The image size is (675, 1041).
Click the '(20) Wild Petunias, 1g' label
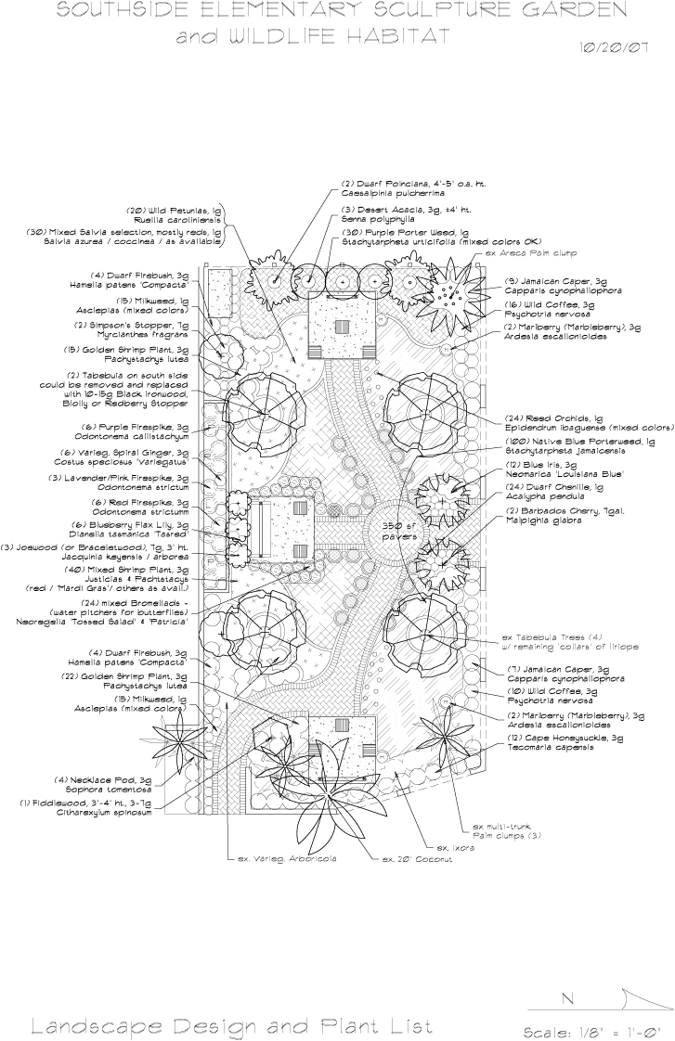(175, 211)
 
